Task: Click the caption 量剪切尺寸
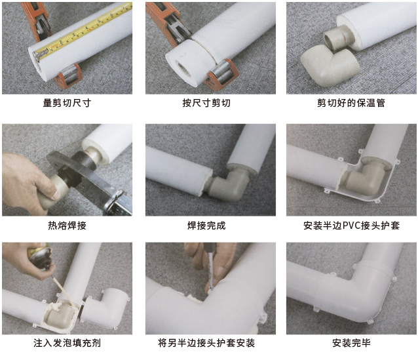67,103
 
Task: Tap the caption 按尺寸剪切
206,103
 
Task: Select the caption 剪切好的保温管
351,103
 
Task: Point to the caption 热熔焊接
67,226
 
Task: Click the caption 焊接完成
206,226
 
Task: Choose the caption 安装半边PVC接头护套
351,226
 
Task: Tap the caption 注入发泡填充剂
67,343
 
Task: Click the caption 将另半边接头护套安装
206,343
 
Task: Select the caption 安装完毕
351,343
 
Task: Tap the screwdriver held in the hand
210,267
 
